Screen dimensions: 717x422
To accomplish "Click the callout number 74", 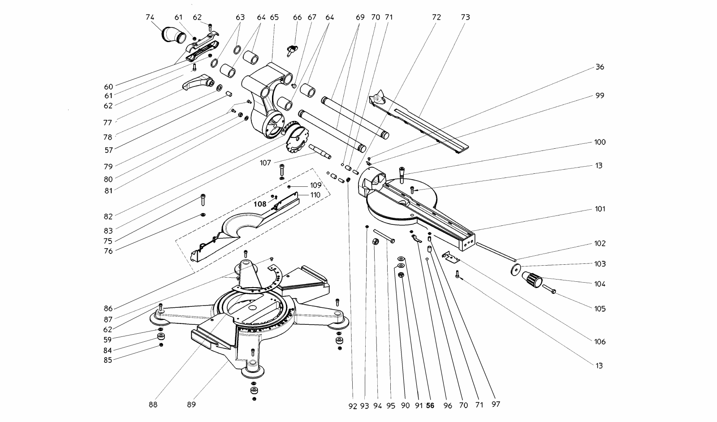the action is [150, 17].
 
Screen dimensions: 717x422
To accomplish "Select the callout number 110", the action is [315, 195].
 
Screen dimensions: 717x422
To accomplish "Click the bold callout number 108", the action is [260, 204].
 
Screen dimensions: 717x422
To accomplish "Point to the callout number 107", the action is [265, 163].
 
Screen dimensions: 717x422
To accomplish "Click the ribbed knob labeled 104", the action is [532, 279].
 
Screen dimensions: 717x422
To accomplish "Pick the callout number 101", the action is [600, 209].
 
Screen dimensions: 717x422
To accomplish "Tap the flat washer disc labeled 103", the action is [515, 270].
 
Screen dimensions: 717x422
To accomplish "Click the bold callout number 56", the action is [430, 406].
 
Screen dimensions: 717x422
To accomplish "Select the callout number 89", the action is [191, 405].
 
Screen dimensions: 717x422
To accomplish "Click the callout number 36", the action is [600, 67].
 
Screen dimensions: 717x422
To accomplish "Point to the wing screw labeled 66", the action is [292, 50].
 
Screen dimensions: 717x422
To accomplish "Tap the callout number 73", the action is [466, 17].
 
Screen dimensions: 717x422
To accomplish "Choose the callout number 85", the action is [108, 360].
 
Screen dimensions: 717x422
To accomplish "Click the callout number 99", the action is [600, 96].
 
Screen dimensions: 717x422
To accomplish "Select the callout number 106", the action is [600, 342].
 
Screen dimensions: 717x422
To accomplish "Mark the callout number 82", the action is [108, 216].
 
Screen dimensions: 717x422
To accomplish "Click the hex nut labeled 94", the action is [376, 241].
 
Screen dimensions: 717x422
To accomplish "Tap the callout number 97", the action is [496, 405].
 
